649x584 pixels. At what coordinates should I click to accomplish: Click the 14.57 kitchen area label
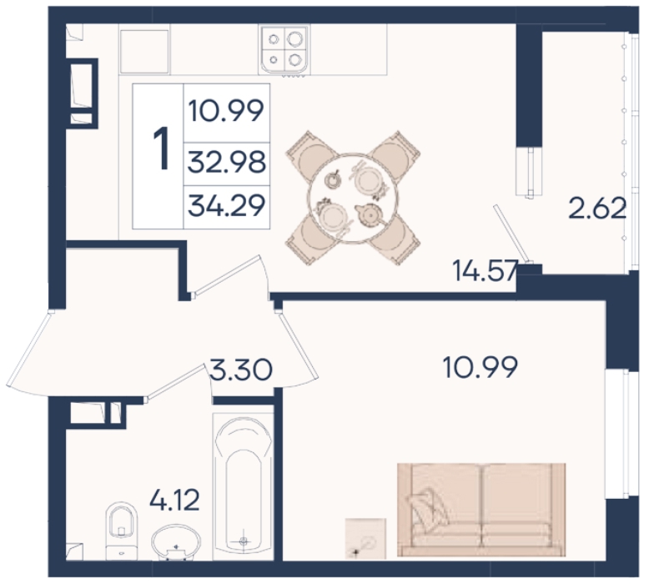coord(485,270)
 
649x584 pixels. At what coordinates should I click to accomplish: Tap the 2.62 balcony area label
coord(597,209)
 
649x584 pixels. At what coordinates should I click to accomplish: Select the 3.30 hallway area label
coord(241,370)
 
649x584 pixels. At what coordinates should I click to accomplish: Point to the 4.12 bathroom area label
coord(174,500)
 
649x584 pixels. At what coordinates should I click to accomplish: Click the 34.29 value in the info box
coord(226,206)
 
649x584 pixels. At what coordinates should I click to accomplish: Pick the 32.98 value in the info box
coord(226,162)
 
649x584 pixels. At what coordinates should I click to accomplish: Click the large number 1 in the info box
coord(161,149)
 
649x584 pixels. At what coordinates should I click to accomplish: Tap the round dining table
coord(353,198)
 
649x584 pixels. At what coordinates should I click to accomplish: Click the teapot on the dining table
coord(370,214)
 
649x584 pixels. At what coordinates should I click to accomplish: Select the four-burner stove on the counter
coord(284,49)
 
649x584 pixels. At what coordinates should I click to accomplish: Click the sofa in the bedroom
coord(481,510)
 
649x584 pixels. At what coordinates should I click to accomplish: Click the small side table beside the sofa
coord(365,538)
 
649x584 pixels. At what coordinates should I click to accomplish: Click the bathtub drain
coord(244,541)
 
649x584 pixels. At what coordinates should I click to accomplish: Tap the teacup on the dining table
coord(333,179)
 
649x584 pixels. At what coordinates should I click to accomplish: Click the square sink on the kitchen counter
coord(144,51)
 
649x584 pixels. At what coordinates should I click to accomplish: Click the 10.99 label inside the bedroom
coord(480,367)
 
